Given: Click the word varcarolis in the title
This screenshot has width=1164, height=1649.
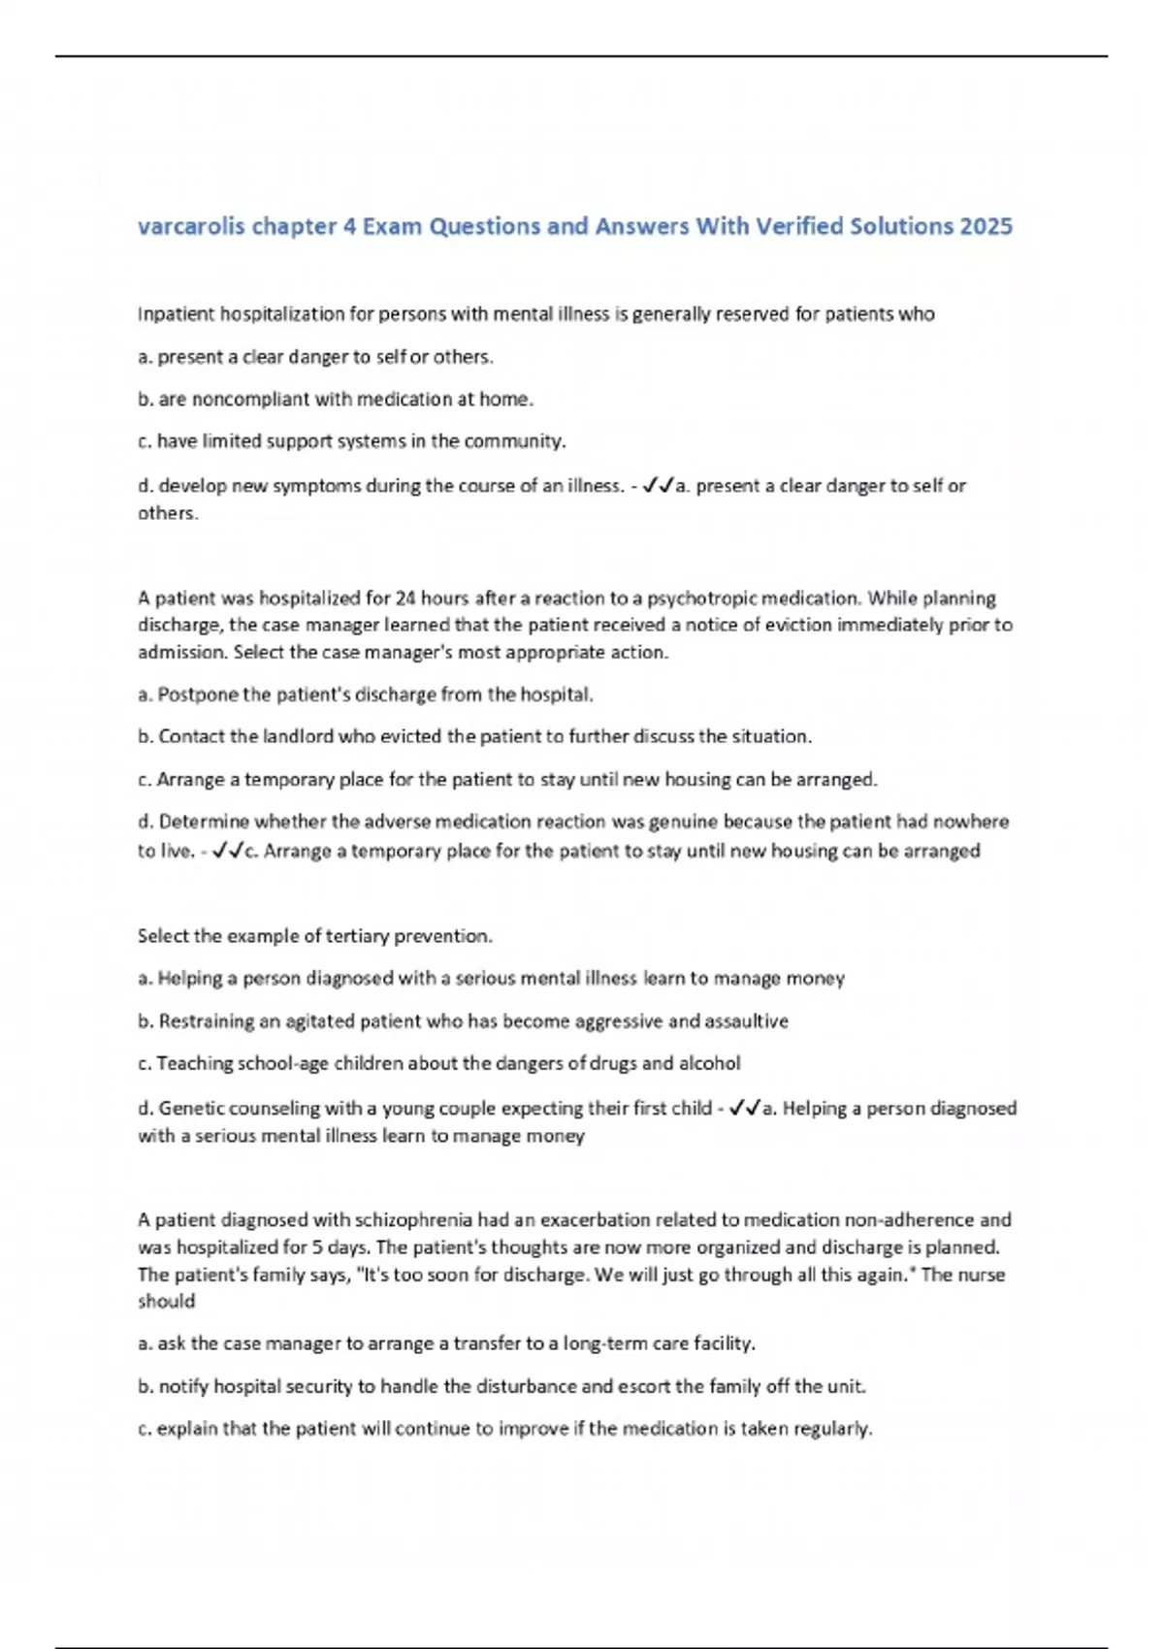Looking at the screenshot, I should point(190,227).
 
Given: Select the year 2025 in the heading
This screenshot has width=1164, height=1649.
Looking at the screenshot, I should point(986,227).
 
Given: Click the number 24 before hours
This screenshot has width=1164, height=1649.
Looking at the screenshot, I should point(406,598).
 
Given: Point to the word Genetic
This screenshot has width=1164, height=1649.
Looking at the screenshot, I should point(190,1109).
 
